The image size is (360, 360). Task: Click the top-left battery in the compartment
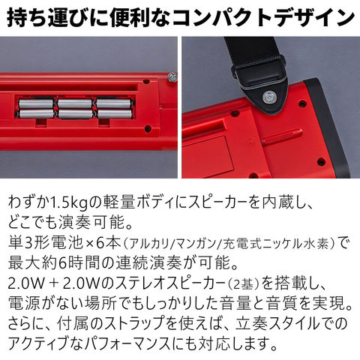pyautogui.click(x=36, y=103)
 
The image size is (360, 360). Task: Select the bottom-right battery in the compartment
pyautogui.click(x=115, y=114)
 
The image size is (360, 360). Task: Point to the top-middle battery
pyautogui.click(x=75, y=103)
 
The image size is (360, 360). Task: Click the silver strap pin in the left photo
pyautogui.click(x=172, y=77)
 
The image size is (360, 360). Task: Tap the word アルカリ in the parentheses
pyautogui.click(x=149, y=243)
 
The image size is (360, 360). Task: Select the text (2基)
pyautogui.click(x=242, y=284)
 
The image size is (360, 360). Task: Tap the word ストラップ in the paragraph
pyautogui.click(x=132, y=324)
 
